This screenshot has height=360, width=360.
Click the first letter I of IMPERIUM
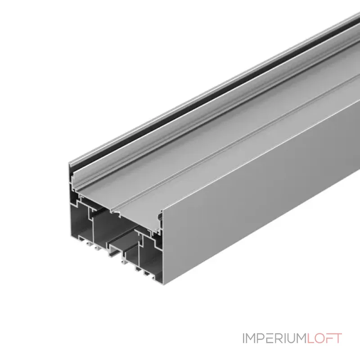tap(244, 338)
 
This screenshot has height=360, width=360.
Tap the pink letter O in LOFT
tap(320, 338)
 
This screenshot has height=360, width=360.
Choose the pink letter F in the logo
tap(330, 338)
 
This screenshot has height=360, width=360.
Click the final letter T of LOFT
tap(338, 338)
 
